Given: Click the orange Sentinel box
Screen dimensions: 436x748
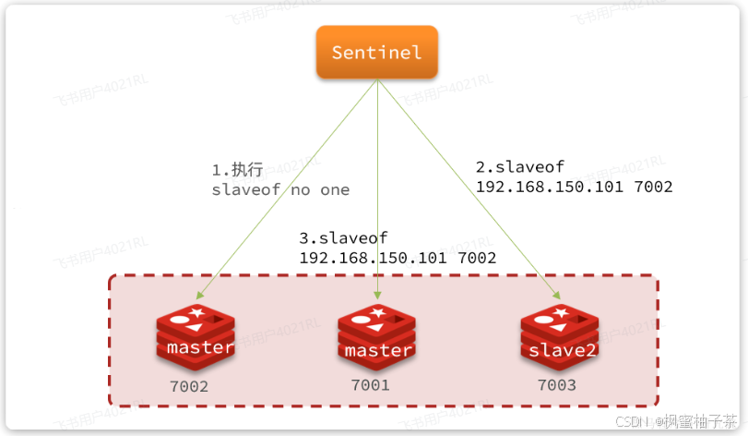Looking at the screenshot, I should tap(375, 52).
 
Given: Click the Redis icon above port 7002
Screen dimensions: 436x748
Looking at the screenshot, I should tap(196, 334).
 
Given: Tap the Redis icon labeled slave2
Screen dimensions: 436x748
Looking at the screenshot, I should tap(558, 334).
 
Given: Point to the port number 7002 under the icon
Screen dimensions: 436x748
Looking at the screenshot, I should tap(189, 386).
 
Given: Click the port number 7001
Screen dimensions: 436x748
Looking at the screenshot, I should tap(370, 384).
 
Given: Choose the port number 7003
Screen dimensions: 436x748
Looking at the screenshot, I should tap(558, 384).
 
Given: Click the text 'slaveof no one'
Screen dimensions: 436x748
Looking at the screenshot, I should tap(280, 190).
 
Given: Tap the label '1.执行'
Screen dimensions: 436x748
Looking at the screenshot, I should tap(237, 170).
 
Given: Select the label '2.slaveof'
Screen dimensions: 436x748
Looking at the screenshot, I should tap(519, 167).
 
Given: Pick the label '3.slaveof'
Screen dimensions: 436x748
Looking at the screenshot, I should tap(343, 238).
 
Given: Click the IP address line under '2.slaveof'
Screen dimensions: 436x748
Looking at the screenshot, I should tap(574, 187).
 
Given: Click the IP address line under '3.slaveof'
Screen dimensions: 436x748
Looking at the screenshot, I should tap(398, 258).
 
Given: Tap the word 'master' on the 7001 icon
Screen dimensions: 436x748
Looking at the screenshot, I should tap(377, 351).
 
